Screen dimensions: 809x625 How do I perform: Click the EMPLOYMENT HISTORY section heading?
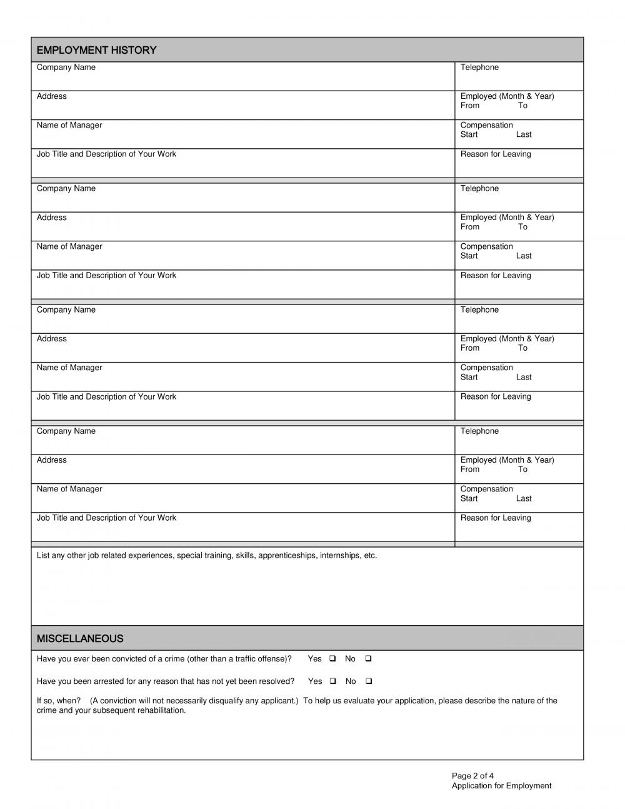[96, 50]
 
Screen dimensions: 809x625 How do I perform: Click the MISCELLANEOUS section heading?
[80, 638]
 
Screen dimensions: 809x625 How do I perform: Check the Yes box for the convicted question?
[332, 658]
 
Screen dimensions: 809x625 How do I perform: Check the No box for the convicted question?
[369, 658]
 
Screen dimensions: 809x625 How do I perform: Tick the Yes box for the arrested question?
[332, 681]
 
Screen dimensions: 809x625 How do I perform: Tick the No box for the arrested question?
[369, 681]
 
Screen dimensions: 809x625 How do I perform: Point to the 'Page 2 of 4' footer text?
[472, 776]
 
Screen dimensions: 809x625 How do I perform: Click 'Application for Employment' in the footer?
[501, 786]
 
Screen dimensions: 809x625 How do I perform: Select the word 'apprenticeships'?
[287, 555]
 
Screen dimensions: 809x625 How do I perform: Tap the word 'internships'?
[339, 555]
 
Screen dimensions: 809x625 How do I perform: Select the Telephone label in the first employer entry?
[479, 68]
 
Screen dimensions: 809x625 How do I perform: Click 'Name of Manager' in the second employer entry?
[69, 246]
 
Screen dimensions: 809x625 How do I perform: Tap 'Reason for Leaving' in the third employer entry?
[496, 396]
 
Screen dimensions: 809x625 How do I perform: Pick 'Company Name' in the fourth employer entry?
[66, 431]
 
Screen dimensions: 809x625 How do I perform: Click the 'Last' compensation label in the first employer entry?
[524, 134]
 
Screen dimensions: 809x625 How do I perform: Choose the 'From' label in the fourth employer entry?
[470, 470]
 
